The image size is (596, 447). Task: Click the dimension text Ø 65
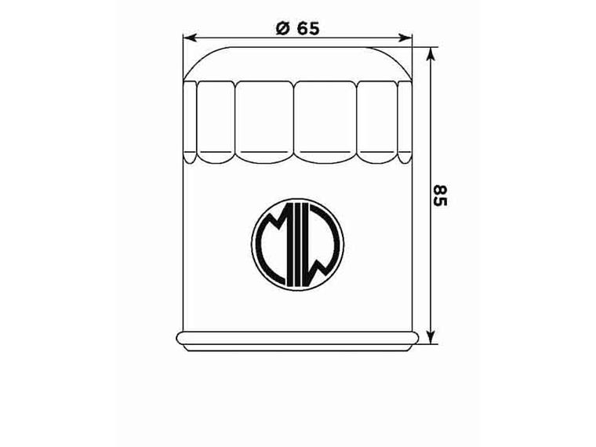click(297, 28)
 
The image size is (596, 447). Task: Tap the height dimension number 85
click(440, 195)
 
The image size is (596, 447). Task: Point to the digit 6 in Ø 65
click(302, 28)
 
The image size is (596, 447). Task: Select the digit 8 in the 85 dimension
click(440, 189)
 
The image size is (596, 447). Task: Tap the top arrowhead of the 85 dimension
click(430, 53)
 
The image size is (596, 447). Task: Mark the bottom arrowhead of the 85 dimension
click(430, 338)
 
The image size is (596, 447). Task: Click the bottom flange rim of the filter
click(297, 339)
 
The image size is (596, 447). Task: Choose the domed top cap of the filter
click(297, 62)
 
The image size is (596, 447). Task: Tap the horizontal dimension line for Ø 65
click(235, 37)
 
